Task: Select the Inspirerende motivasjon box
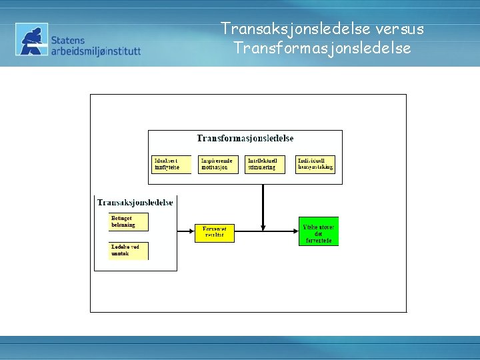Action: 218,165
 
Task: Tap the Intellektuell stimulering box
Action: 265,165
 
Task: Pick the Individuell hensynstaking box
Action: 315,165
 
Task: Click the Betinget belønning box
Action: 129,222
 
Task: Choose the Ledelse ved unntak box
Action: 129,251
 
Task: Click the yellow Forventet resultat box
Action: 215,233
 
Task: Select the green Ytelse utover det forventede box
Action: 318,231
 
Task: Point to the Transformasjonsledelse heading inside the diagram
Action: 245,139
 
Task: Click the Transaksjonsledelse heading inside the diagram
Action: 135,202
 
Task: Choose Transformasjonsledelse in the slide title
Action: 322,49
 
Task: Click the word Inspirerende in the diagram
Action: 217,161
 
